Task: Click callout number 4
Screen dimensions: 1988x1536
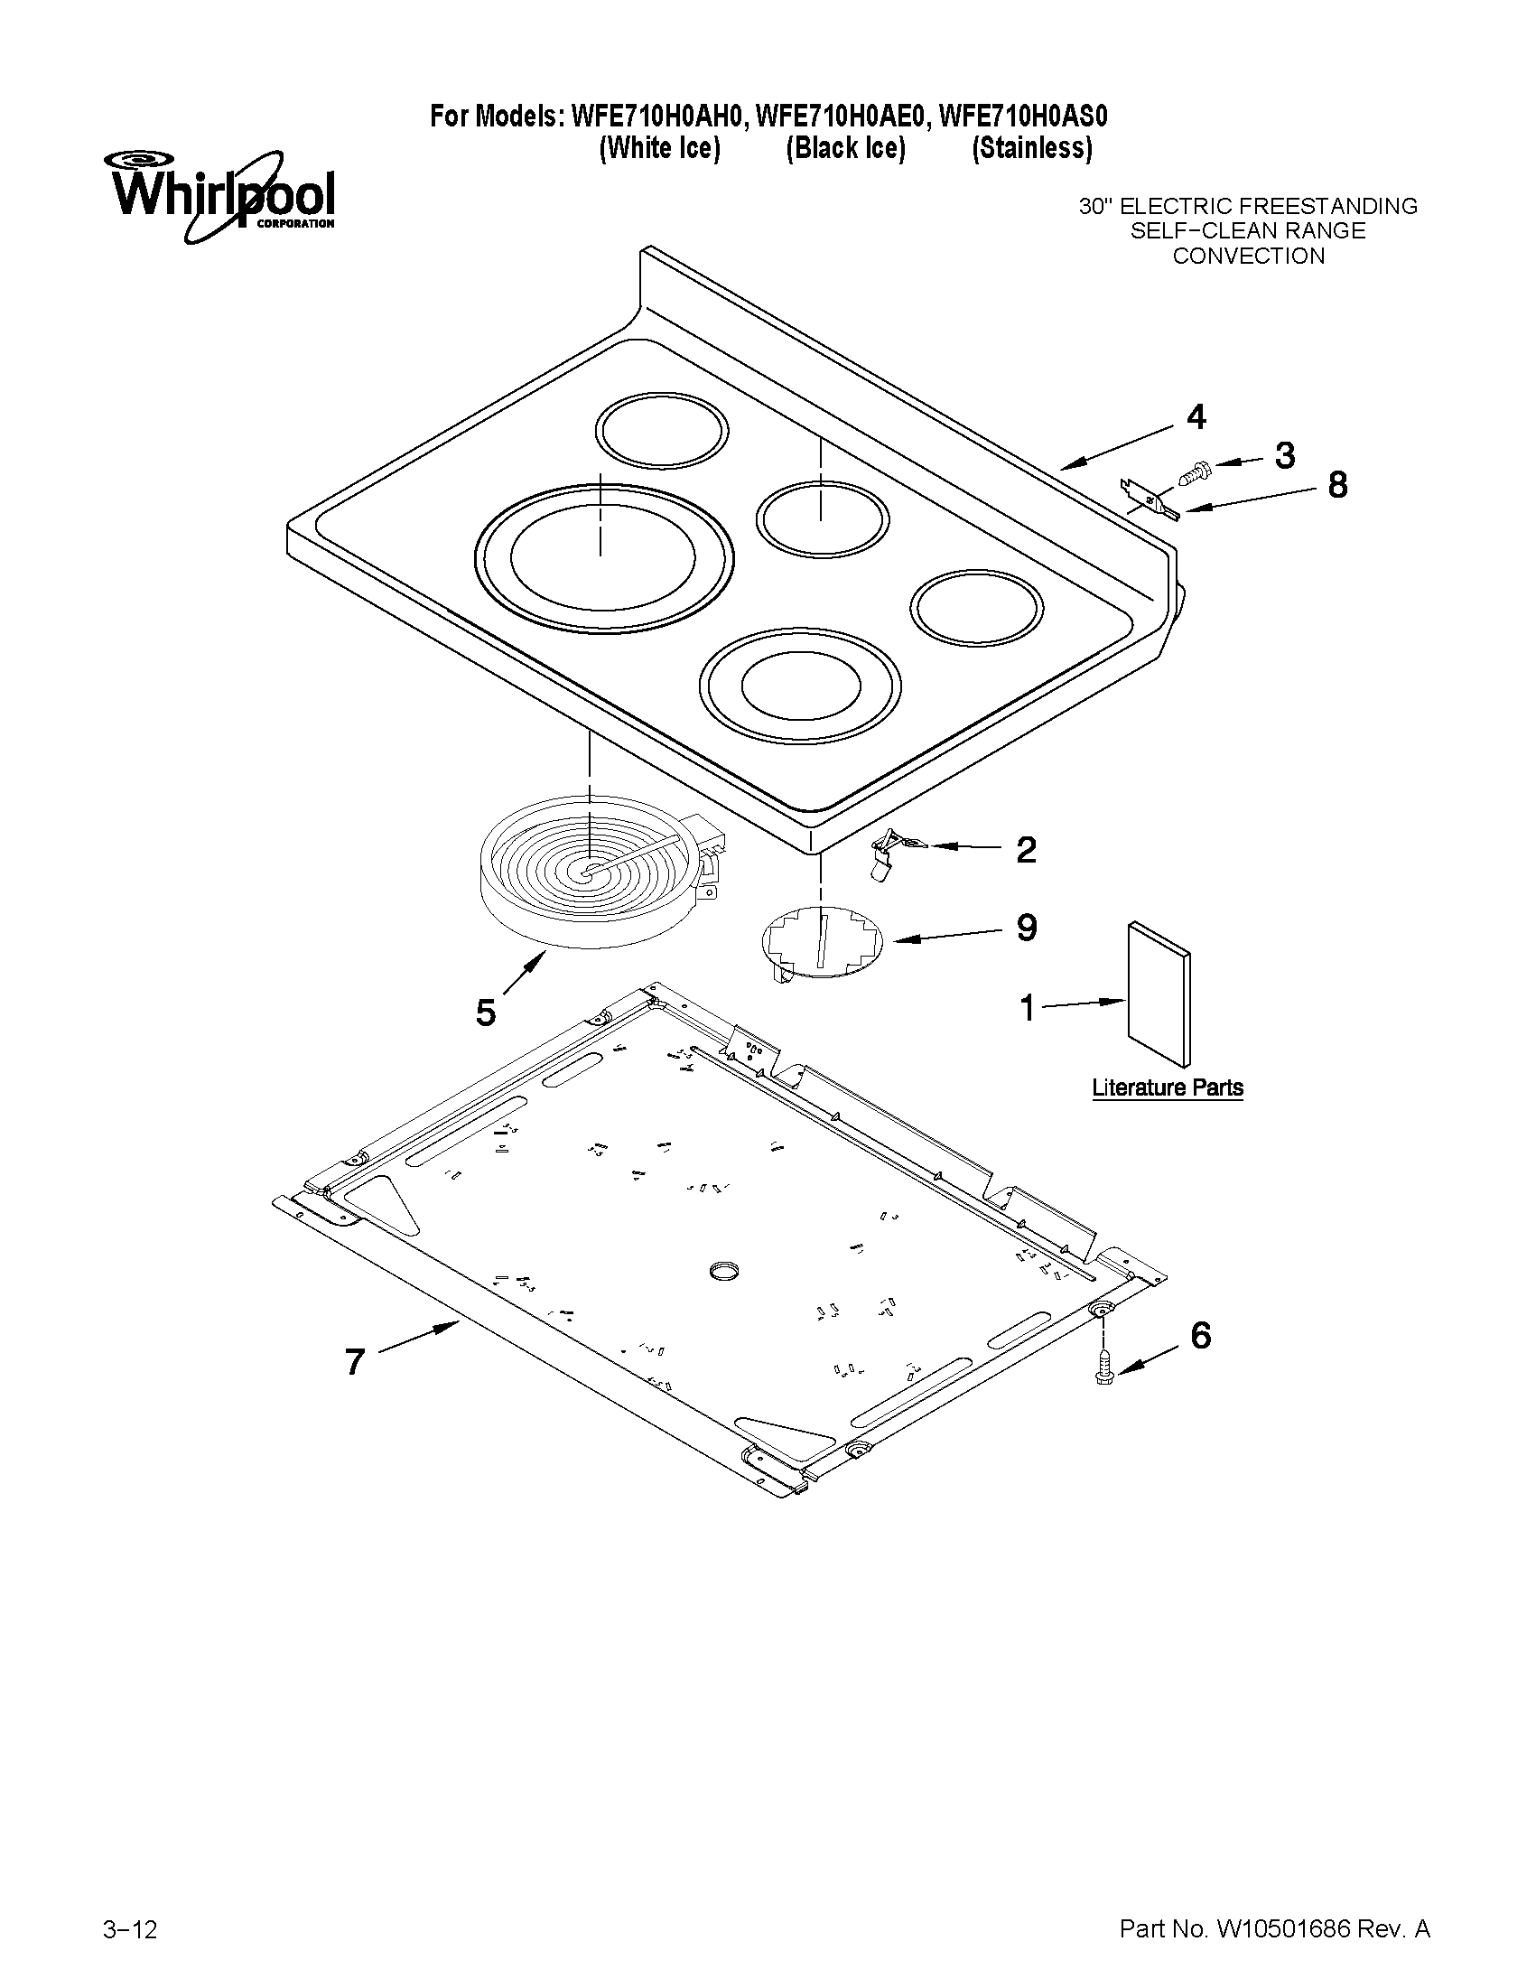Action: coord(1196,417)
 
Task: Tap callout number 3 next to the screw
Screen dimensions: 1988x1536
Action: coord(1284,455)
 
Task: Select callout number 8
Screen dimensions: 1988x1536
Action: coord(1336,485)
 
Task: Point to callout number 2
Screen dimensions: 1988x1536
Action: coord(1026,850)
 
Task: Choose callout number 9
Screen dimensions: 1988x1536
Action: coord(1027,928)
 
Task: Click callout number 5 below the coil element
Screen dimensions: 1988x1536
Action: coord(486,1013)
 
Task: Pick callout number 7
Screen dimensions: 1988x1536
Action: coord(355,1362)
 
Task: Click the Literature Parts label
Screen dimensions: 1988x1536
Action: coord(1167,1087)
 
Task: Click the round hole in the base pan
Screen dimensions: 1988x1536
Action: coord(724,1272)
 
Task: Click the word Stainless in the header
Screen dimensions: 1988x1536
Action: coord(1031,147)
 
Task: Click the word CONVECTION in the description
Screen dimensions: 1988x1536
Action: coord(1248,256)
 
